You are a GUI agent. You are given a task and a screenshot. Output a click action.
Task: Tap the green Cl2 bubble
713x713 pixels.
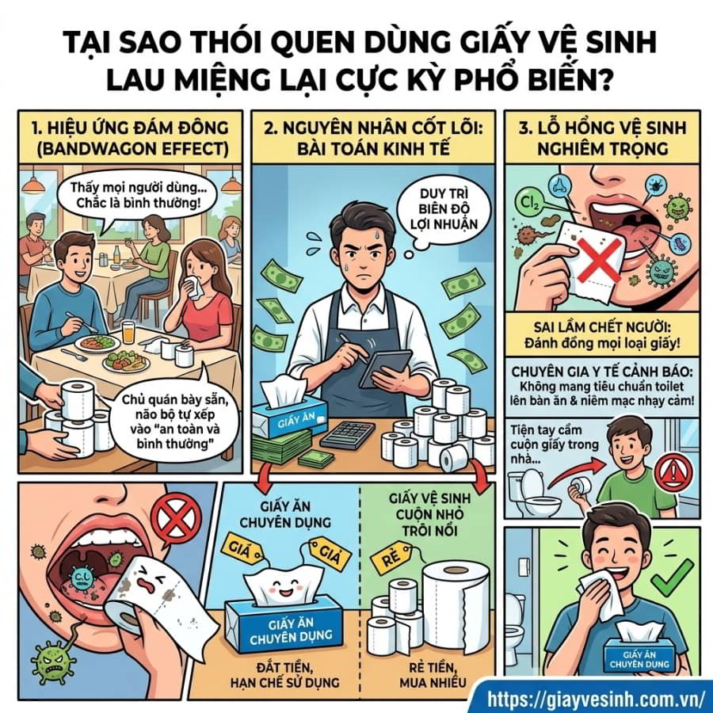tap(528, 201)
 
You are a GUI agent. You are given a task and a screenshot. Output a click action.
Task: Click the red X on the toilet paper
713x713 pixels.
tap(600, 260)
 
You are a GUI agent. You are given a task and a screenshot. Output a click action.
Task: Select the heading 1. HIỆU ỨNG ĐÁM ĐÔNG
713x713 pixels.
tap(131, 128)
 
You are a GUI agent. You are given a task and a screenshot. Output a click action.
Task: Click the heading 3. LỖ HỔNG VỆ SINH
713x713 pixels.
tap(603, 128)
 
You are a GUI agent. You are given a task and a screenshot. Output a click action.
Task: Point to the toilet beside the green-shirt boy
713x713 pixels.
tap(527, 493)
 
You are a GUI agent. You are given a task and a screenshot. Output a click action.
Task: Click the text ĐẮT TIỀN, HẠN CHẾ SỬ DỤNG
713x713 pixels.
tap(284, 675)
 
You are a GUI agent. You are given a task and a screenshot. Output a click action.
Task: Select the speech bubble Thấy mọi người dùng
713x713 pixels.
tap(135, 196)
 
